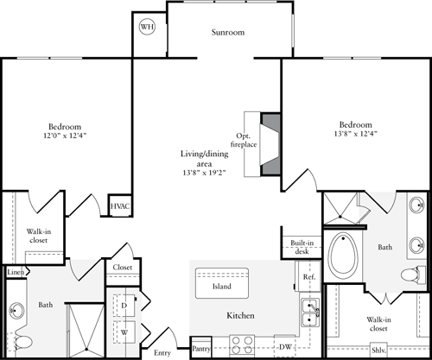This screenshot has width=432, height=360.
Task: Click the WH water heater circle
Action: pyautogui.click(x=147, y=26)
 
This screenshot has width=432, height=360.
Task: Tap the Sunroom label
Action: pyautogui.click(x=228, y=33)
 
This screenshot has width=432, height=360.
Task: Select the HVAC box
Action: pyautogui.click(x=119, y=207)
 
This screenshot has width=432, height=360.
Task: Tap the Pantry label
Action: pyautogui.click(x=201, y=349)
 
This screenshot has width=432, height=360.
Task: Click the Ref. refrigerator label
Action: pyautogui.click(x=309, y=278)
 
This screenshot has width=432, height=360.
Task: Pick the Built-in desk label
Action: pyautogui.click(x=302, y=248)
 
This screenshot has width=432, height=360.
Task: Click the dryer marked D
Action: pyautogui.click(x=124, y=306)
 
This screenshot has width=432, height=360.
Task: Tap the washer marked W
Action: pyautogui.click(x=124, y=330)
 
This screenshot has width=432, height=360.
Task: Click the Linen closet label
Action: pyautogui.click(x=16, y=273)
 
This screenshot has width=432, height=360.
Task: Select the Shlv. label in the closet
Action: pyautogui.click(x=378, y=350)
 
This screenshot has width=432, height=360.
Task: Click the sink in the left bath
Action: pyautogui.click(x=17, y=310)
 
